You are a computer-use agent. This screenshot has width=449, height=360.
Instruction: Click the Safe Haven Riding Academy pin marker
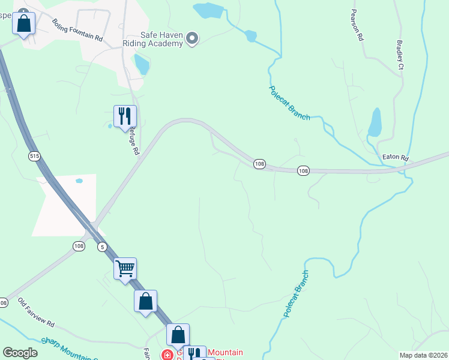click(192, 39)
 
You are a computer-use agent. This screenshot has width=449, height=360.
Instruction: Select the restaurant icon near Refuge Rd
click(125, 116)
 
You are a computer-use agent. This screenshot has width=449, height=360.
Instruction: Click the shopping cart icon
click(125, 268)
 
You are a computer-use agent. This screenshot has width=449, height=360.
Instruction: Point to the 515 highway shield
click(34, 156)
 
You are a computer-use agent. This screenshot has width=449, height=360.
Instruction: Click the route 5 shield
click(103, 247)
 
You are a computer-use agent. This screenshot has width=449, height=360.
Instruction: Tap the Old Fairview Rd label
click(36, 312)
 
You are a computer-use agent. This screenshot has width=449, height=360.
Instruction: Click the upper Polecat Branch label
click(289, 102)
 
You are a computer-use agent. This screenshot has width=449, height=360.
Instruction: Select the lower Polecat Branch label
click(296, 294)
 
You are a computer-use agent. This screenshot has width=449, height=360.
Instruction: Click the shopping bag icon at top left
click(23, 23)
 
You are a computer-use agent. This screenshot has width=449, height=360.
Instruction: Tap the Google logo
click(20, 352)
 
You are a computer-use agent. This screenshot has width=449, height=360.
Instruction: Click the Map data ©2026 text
click(423, 355)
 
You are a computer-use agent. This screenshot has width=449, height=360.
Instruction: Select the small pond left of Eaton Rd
click(374, 122)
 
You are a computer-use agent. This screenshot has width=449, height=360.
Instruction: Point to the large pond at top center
click(208, 11)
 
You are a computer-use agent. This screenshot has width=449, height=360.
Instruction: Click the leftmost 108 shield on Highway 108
click(4, 303)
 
